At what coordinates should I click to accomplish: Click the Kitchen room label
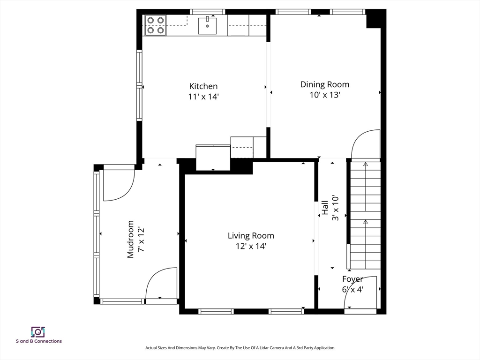pyautogui.click(x=203, y=86)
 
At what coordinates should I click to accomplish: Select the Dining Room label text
pyautogui.click(x=324, y=84)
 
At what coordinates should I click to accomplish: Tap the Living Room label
pyautogui.click(x=251, y=236)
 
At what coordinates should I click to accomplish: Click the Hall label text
pyautogui.click(x=325, y=208)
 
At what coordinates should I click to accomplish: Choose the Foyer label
pyautogui.click(x=352, y=279)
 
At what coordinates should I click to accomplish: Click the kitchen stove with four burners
pyautogui.click(x=155, y=25)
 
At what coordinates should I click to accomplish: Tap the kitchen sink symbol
pyautogui.click(x=207, y=25)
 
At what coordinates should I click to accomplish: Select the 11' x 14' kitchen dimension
pyautogui.click(x=203, y=97)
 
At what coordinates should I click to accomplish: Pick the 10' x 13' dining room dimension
pyautogui.click(x=324, y=95)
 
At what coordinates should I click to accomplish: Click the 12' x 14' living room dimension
pyautogui.click(x=251, y=246)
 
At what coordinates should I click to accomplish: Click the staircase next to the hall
pyautogui.click(x=366, y=216)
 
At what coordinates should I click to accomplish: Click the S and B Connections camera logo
pyautogui.click(x=37, y=332)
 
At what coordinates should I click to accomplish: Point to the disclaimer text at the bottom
pyautogui.click(x=240, y=348)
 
